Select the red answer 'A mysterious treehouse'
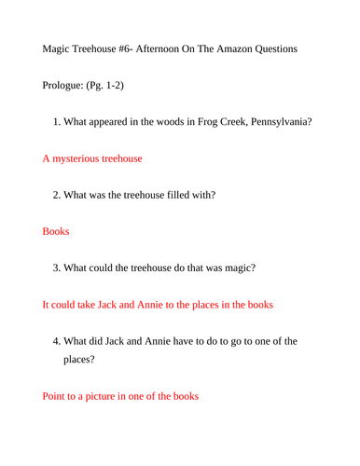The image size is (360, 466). [x=92, y=158]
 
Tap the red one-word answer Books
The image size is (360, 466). [x=56, y=231]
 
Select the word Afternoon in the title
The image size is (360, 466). [x=162, y=48]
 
